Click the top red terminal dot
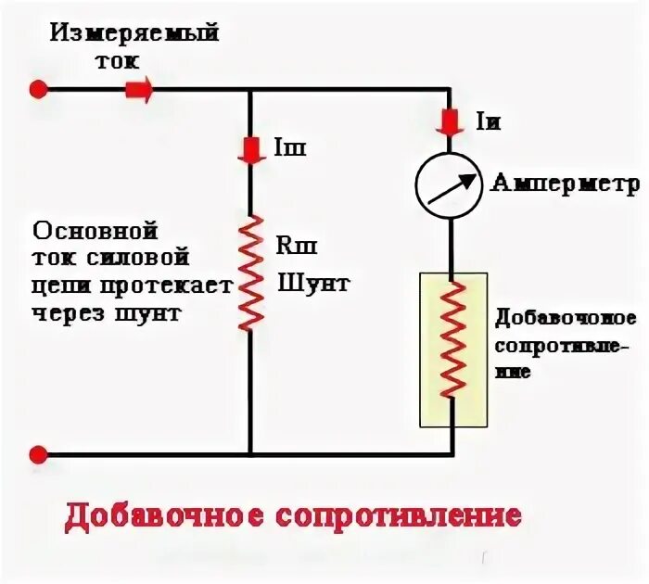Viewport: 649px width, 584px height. pos(38,89)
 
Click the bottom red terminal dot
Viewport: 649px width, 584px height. pos(38,454)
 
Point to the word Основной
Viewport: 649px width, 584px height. pos(94,230)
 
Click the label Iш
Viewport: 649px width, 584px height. pos(290,148)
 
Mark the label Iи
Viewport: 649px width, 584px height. pos(487,121)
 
